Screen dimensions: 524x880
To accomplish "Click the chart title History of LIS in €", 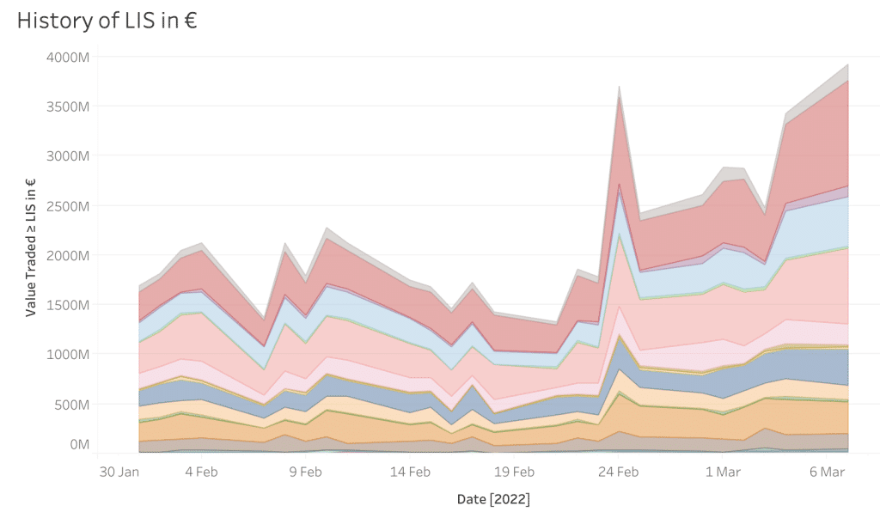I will (107, 21).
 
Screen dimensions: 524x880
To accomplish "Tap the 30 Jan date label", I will (119, 472).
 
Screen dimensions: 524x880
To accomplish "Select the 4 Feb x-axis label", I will (200, 472).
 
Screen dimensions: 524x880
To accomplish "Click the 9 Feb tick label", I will (305, 472).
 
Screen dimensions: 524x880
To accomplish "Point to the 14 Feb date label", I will (410, 472).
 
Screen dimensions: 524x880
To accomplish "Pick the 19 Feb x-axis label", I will (514, 472).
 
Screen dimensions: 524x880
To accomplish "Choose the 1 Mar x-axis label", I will (723, 472).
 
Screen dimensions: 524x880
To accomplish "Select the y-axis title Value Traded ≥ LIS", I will (31, 248).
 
